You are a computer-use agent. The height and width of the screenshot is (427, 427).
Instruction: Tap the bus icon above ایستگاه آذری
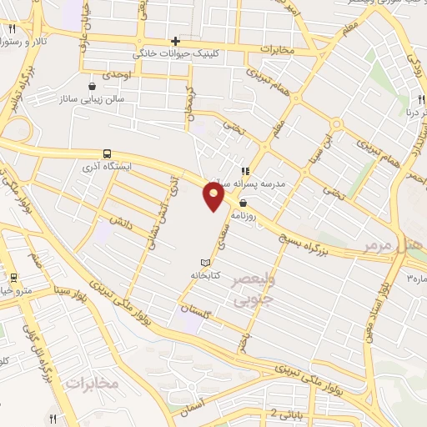point(108,153)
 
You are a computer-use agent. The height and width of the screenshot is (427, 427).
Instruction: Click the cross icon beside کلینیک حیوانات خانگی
point(175,41)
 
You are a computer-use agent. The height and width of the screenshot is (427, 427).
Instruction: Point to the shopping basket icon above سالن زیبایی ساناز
point(91,85)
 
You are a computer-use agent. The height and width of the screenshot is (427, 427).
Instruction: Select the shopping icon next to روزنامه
point(243,203)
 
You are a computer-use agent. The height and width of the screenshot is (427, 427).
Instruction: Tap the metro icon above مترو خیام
point(13,277)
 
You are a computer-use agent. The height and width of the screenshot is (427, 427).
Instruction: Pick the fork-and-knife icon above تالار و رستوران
point(12,28)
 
